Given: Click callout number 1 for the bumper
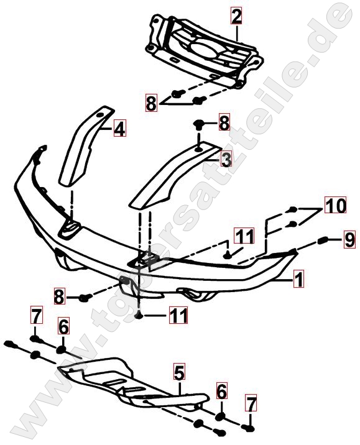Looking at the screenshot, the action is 298,280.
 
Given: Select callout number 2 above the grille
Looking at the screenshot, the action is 236,16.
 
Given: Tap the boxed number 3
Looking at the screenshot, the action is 226,160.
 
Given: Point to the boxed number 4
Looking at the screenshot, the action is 119,129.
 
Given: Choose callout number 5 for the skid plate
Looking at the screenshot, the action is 180,372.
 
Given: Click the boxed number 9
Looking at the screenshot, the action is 349,240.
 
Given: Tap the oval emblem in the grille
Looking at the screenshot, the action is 204,51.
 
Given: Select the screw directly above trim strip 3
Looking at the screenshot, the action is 199,125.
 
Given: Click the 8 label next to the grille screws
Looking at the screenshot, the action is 151,103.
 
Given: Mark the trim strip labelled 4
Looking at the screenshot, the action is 85,146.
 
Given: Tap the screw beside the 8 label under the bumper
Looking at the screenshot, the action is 85,298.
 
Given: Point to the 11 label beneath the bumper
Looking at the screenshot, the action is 178,314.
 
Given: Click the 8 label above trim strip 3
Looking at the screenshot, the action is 224,122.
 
